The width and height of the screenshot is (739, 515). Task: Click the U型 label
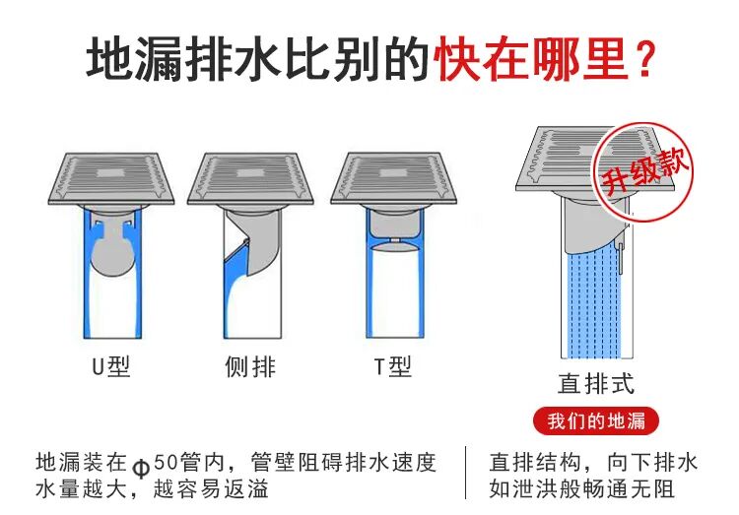pos(110,366)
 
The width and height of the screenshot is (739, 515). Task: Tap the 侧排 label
pos(251,366)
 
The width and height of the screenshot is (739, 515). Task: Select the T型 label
pos(391,366)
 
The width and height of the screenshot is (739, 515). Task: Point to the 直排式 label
pos(596,382)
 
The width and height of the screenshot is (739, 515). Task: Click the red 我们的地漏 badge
pos(596,421)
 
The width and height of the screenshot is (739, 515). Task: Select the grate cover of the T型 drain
pos(393,175)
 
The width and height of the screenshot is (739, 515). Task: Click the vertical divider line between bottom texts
pos(466,474)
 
